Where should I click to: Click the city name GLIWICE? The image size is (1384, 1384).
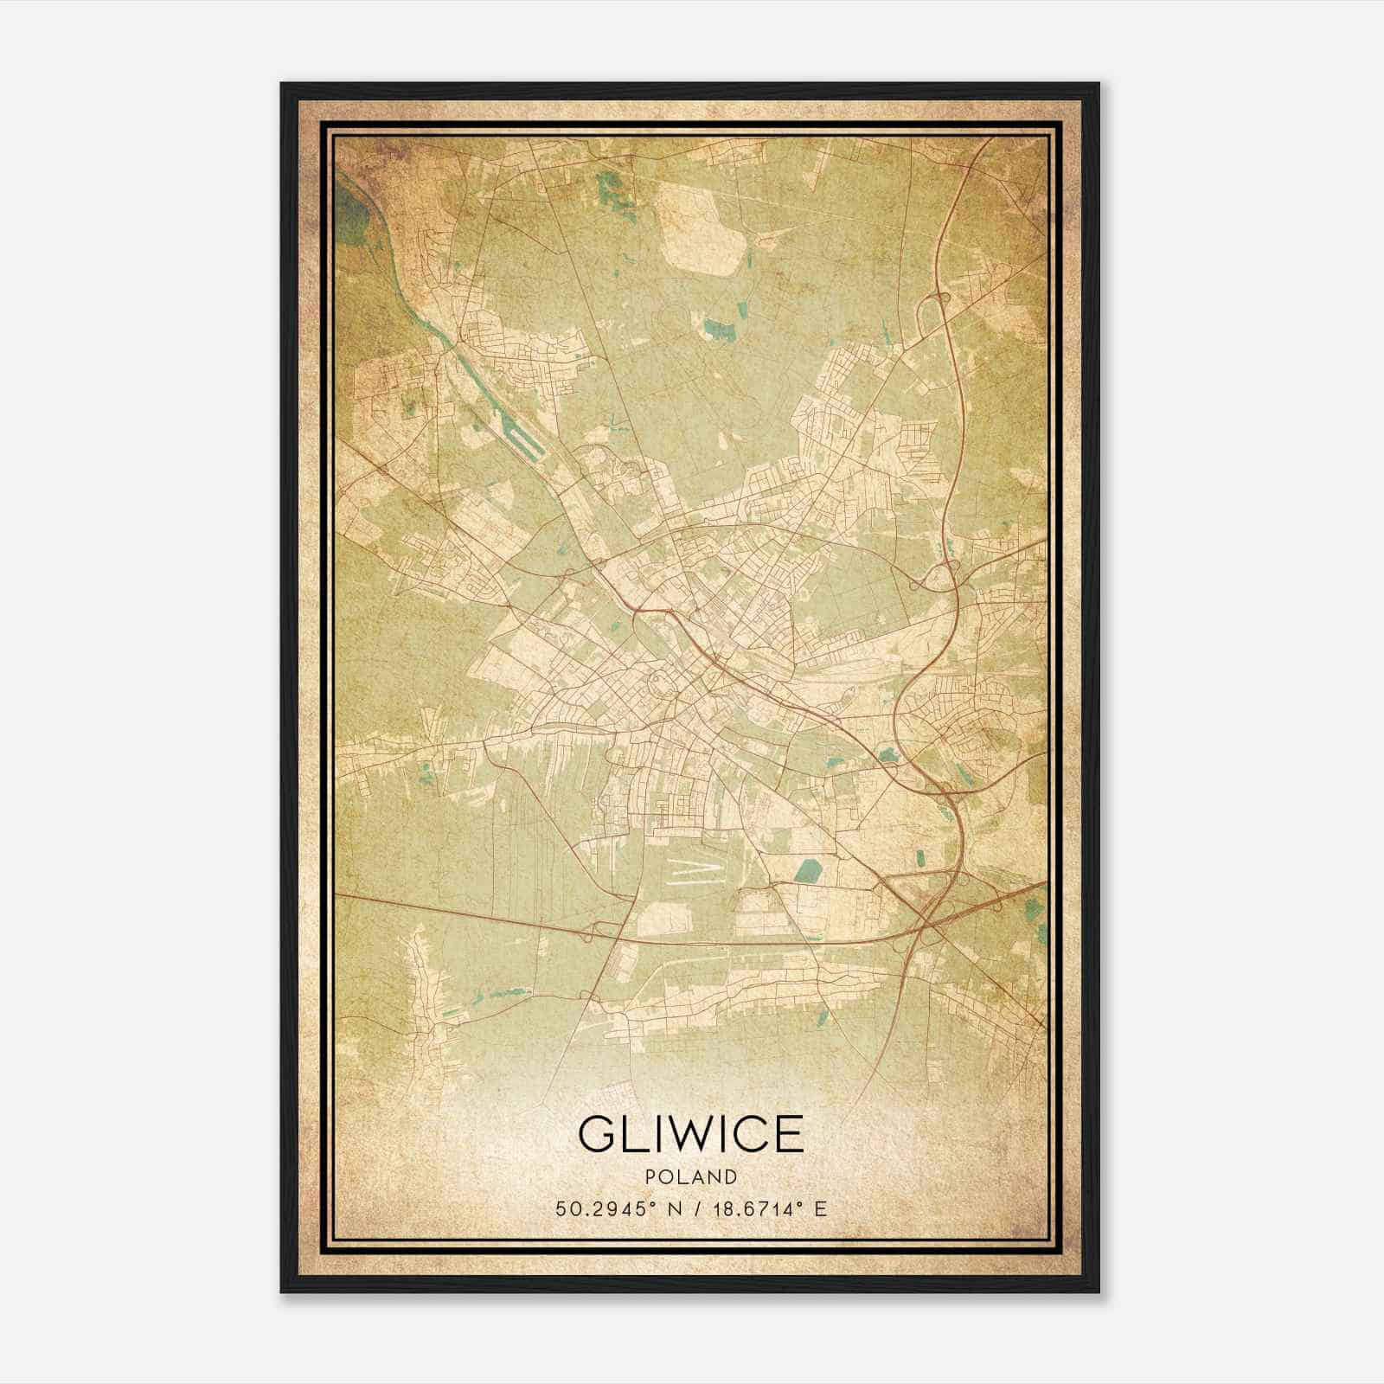point(691,1135)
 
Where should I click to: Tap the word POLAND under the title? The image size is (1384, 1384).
point(691,1177)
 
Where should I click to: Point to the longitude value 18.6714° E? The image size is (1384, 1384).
point(769,1208)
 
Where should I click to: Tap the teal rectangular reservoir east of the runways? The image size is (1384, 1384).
point(809,872)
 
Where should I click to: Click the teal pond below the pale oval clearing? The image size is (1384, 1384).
point(717,329)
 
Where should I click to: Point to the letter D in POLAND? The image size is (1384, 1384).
point(732,1177)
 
